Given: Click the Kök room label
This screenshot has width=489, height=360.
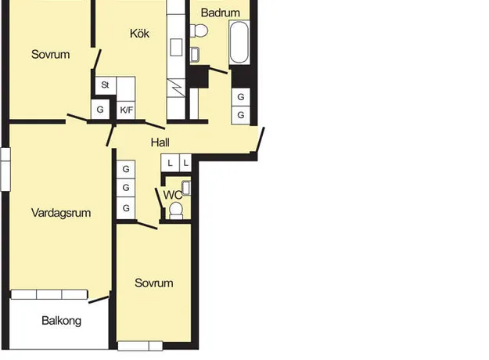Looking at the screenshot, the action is [139, 34].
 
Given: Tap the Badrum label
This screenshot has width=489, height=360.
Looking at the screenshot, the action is [220, 13].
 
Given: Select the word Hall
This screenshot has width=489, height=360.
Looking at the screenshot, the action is [160, 142].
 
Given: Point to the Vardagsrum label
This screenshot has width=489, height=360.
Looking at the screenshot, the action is [61, 213].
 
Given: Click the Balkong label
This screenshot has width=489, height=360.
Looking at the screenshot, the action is [62, 321].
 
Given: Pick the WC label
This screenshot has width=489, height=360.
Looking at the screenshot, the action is [172, 196].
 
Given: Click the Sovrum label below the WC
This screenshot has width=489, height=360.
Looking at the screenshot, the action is [154, 283].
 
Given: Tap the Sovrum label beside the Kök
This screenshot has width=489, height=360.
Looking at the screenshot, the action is [51, 54].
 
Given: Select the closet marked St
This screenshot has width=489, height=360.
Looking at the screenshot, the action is [106, 85].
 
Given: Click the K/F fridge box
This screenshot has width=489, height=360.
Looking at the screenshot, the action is [126, 110].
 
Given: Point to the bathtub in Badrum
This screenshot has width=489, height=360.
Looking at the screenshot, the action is [239, 42].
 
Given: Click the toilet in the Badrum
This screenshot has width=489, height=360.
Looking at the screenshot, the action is [199, 31].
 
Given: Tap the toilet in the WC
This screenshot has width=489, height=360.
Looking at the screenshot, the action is [176, 211].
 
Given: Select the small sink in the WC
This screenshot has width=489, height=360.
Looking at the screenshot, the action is [186, 188].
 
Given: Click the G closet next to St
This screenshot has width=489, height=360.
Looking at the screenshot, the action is [100, 110].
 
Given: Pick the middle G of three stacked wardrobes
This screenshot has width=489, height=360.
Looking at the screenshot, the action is [126, 188].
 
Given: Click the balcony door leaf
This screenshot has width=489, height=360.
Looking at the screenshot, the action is [99, 300].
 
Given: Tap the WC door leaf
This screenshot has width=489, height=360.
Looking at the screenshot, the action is [159, 198].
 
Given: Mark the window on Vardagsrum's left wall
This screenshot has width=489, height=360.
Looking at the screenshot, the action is [5, 169].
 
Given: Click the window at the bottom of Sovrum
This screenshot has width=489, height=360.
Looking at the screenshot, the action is [140, 346].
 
